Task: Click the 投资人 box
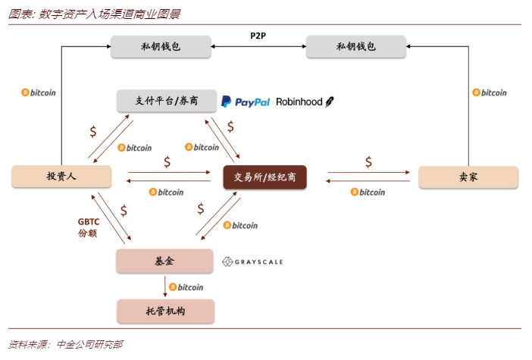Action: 62,177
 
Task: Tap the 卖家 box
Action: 468,177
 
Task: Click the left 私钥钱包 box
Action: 160,47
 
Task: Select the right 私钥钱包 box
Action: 355,47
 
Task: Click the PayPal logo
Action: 246,102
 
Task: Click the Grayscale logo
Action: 252,261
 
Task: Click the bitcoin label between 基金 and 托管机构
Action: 186,287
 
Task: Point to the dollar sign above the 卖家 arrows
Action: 368,161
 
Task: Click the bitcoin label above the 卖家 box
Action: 490,92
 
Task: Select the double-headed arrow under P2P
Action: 258,47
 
